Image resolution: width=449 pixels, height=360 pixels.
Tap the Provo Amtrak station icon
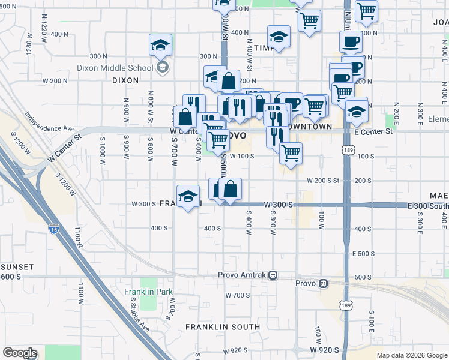pyautogui.click(x=273, y=275)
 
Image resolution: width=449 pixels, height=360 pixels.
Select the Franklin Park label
pyautogui.click(x=148, y=292)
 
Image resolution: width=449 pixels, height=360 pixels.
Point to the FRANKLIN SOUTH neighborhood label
pyautogui.click(x=223, y=327)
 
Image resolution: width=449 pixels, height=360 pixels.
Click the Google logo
pyautogui.click(x=19, y=353)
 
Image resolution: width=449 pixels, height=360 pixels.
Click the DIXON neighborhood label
pyautogui.click(x=125, y=80)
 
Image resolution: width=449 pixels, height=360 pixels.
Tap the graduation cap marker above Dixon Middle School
pyautogui.click(x=160, y=45)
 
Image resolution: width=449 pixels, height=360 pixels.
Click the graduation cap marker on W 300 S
pyautogui.click(x=188, y=197)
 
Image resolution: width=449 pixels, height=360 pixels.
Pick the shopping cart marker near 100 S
pyautogui.click(x=291, y=154)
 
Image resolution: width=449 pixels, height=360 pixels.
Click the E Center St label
pyautogui.click(x=373, y=131)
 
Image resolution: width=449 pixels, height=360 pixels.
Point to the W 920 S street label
pyautogui.click(x=325, y=349)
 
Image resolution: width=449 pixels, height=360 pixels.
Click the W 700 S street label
pyautogui.click(x=238, y=295)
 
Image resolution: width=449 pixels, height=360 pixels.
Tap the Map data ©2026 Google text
pyautogui.click(x=412, y=355)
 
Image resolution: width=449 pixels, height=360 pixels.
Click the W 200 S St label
pyautogui.click(x=323, y=180)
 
